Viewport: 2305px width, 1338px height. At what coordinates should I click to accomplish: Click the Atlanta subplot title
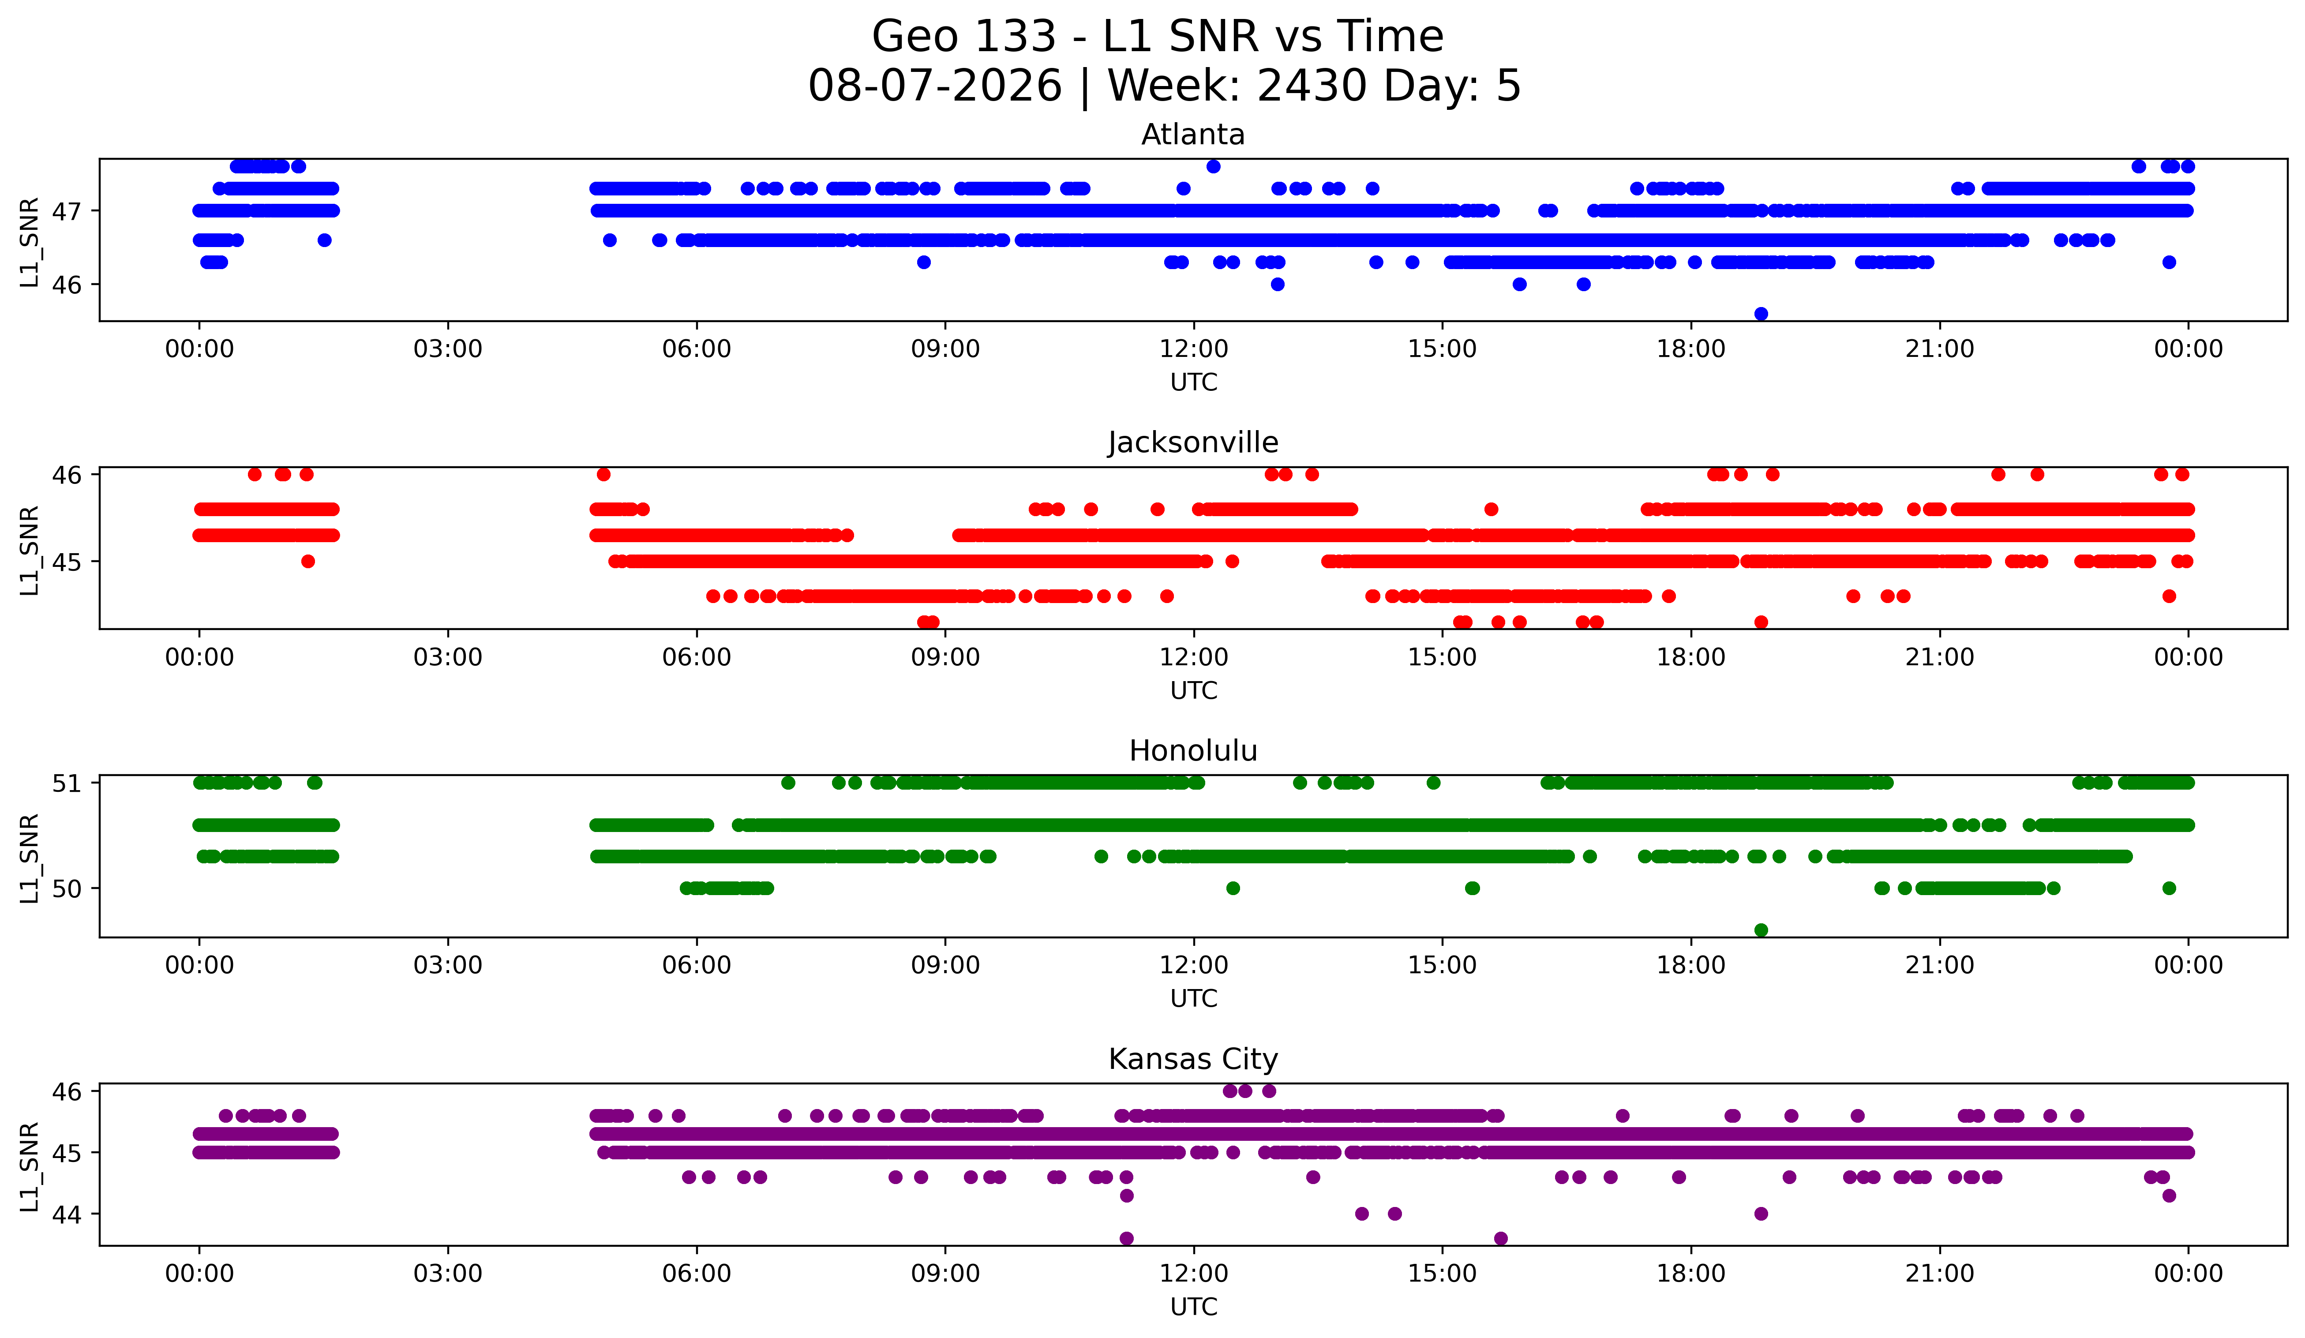1193,135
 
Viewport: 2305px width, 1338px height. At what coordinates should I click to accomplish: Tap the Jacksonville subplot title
1193,442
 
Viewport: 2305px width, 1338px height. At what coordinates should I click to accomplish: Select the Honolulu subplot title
1193,751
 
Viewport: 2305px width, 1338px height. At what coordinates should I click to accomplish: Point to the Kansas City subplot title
1193,1059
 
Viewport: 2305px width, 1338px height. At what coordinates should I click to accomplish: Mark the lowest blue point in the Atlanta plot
1761,314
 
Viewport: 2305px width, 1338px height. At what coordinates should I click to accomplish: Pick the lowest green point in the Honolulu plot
1761,930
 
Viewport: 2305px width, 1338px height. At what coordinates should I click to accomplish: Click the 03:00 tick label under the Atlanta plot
448,349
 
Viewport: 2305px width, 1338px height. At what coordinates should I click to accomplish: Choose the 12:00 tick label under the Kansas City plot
1194,1273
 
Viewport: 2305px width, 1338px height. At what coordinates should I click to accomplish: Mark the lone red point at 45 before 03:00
308,562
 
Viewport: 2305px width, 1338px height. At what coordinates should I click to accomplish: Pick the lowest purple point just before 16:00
1501,1238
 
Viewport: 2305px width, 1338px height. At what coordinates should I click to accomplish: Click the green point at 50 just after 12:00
1233,888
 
